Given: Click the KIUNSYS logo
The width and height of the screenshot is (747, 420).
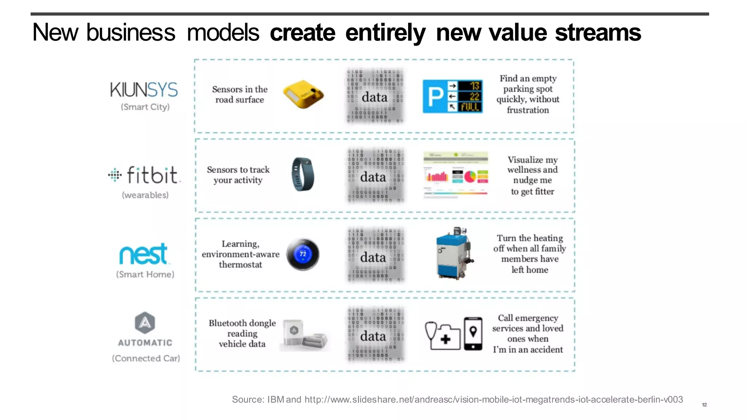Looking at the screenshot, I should point(144,90).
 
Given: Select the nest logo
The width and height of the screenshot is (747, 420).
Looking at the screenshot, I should point(143,254).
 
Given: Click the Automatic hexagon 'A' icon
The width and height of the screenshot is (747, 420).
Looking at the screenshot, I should point(145,323).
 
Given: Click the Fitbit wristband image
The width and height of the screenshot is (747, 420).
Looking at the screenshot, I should point(302,174).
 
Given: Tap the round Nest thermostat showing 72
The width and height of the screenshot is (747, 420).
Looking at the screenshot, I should point(303,254).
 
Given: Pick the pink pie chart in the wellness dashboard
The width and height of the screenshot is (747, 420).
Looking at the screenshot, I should point(470,177).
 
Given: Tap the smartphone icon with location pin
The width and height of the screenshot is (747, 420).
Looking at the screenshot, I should point(473,334).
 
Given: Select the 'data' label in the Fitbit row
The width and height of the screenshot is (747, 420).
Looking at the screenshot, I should point(373,178).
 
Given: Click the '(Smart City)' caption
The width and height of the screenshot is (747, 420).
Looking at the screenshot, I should point(145,107).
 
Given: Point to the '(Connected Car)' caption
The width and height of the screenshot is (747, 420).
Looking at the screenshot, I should point(146,358).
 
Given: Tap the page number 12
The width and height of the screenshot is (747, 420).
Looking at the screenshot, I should point(704,405).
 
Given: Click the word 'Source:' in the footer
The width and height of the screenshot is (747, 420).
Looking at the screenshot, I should point(248,400).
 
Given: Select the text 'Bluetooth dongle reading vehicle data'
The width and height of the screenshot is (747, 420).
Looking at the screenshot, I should point(242,334).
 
